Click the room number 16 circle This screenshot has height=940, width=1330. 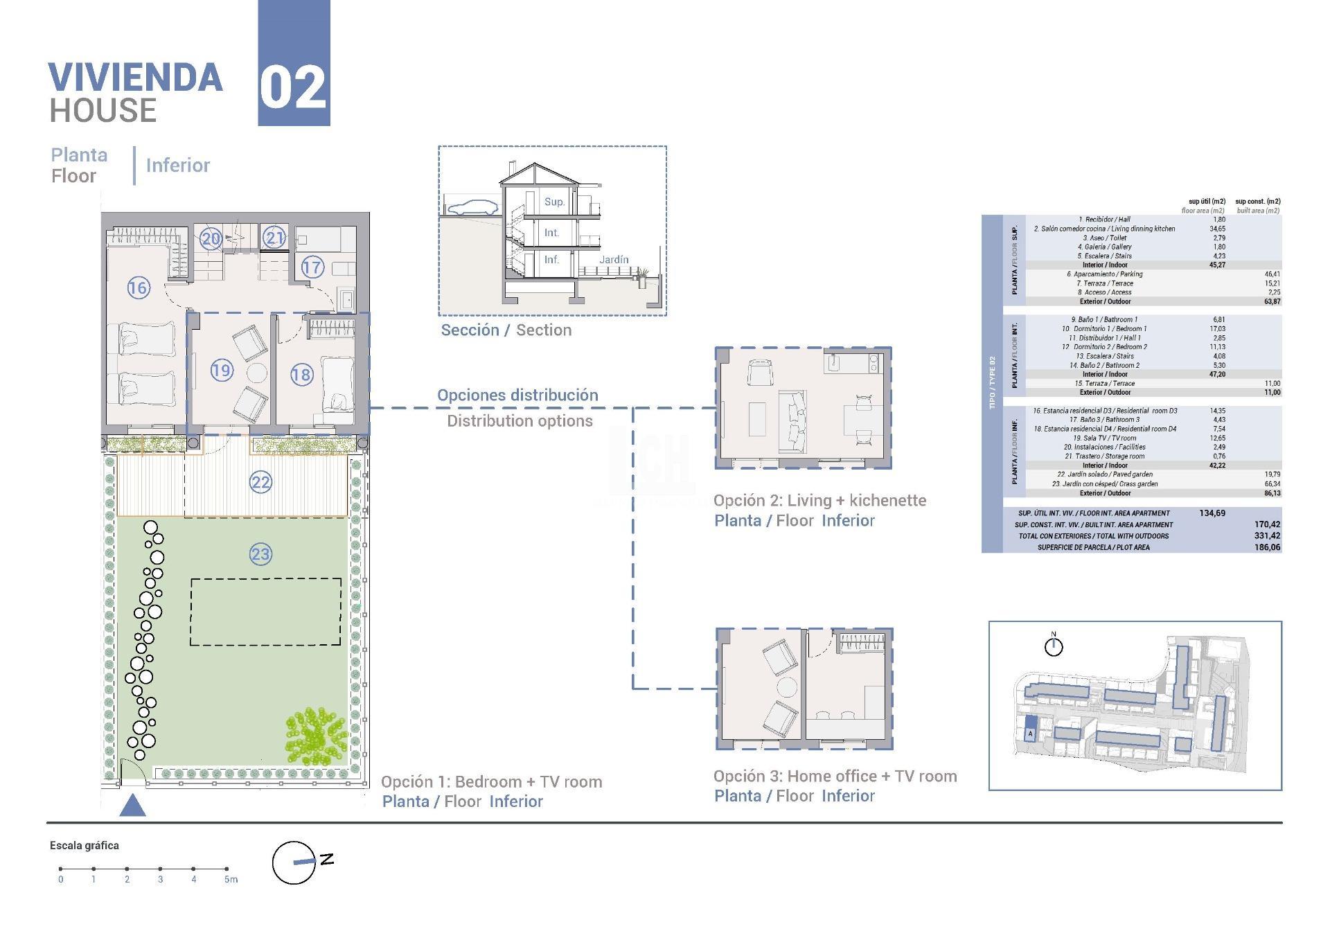click(138, 287)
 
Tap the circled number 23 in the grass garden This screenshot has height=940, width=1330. click(260, 554)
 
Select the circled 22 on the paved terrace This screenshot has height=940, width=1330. click(260, 482)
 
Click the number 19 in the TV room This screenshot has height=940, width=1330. click(222, 371)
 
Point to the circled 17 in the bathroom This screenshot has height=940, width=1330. click(312, 267)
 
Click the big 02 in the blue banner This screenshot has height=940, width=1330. click(293, 89)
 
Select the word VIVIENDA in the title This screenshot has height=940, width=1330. click(136, 78)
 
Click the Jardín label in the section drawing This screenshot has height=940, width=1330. click(614, 260)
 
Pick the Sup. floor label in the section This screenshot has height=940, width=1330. click(554, 202)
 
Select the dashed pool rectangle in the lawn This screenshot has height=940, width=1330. click(266, 612)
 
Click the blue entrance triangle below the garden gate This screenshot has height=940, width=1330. click(132, 806)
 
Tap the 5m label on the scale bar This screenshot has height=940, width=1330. click(231, 880)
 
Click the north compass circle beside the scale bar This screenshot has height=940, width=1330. click(294, 863)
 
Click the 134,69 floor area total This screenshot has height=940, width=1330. click(1212, 513)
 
